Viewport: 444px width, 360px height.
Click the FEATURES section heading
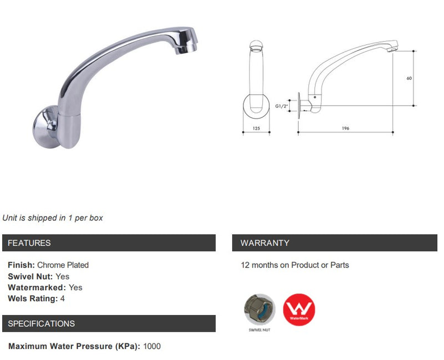tap(29, 243)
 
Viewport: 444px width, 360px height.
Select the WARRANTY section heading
tap(264, 243)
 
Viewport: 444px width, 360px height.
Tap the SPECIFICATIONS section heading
tap(42, 323)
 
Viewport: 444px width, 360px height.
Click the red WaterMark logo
tap(299, 310)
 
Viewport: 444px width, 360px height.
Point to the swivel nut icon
tap(259, 308)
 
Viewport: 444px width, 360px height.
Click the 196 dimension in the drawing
tap(345, 128)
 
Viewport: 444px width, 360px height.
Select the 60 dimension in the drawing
tap(409, 78)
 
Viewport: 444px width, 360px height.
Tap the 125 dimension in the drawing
tap(256, 128)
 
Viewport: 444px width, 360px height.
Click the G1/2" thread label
tap(282, 105)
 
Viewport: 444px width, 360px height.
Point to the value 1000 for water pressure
tap(152, 347)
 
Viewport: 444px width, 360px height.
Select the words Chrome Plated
tap(63, 265)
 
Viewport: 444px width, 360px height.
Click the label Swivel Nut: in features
tap(30, 276)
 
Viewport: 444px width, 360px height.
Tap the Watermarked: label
tap(37, 287)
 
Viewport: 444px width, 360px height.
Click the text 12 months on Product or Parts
tap(295, 265)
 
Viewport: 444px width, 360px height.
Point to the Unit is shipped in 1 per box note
tap(53, 218)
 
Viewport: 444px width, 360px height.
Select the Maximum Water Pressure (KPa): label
tap(74, 347)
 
